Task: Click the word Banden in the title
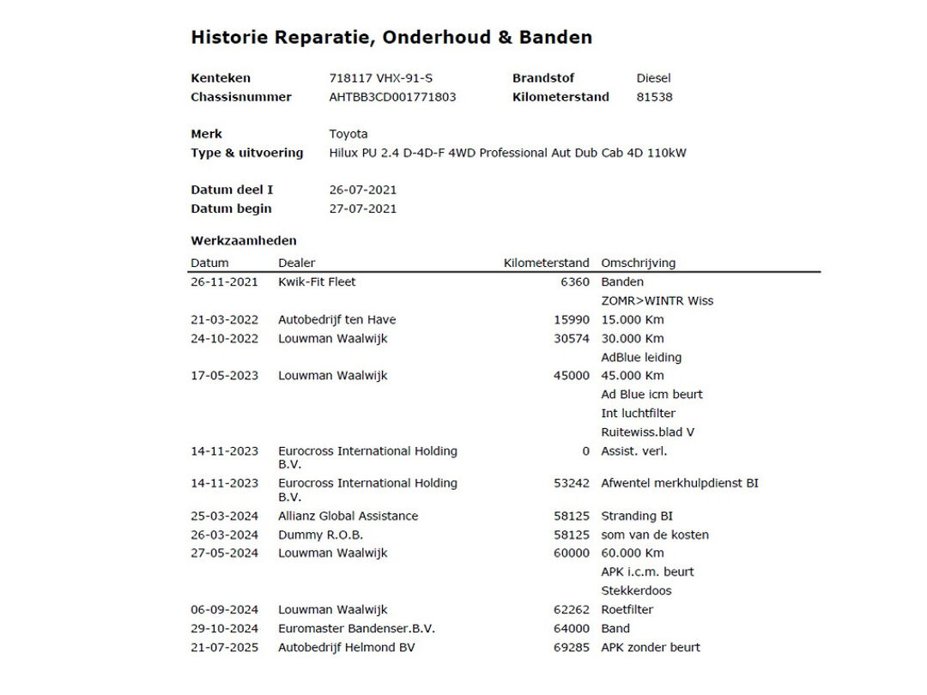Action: [x=560, y=38]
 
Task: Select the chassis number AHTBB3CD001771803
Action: [x=392, y=97]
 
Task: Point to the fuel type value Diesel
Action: [x=653, y=78]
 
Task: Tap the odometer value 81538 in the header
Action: [x=654, y=97]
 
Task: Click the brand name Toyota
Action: [x=348, y=134]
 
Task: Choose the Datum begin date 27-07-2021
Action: [x=363, y=208]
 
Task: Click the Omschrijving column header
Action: [x=638, y=263]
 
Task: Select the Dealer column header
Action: [x=296, y=263]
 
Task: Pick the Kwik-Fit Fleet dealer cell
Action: [x=317, y=282]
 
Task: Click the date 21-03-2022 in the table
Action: [x=224, y=320]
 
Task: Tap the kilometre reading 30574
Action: [x=572, y=339]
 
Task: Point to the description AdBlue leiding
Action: [x=641, y=358]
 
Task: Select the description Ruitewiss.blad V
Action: [x=648, y=432]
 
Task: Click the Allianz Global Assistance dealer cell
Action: [x=348, y=517]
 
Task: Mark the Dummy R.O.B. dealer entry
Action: [x=320, y=535]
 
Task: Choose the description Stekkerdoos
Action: [x=636, y=591]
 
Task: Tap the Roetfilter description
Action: [x=627, y=610]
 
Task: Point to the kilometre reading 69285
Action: [x=572, y=648]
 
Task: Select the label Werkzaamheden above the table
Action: [x=244, y=241]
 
